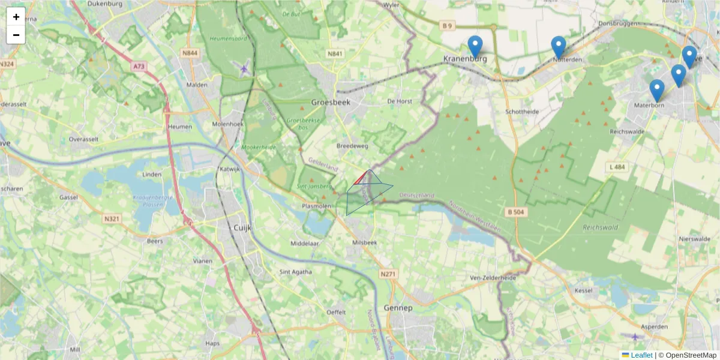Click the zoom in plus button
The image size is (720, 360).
16,17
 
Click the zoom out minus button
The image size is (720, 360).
16,35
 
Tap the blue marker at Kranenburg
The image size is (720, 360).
475,46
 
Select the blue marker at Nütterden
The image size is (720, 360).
559,47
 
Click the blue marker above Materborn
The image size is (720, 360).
657,90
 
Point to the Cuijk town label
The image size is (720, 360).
241,228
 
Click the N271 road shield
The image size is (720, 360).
388,274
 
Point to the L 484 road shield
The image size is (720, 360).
616,166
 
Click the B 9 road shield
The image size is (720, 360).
446,25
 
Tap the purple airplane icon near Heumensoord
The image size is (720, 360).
243,68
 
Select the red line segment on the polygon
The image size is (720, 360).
361,177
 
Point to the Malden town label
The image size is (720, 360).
197,85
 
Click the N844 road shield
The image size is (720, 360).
190,53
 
